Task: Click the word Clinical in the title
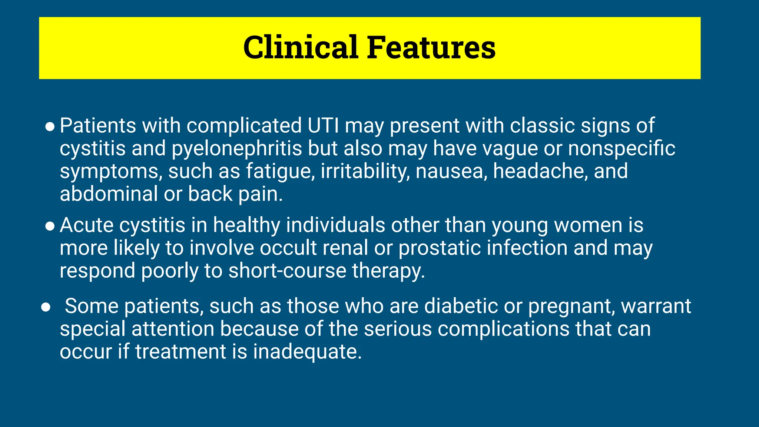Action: point(301,47)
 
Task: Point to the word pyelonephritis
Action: point(237,149)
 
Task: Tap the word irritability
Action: point(365,171)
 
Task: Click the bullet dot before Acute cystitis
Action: point(50,226)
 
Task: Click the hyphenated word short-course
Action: point(287,271)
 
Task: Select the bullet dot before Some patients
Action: point(46,307)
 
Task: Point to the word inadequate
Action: point(307,352)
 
